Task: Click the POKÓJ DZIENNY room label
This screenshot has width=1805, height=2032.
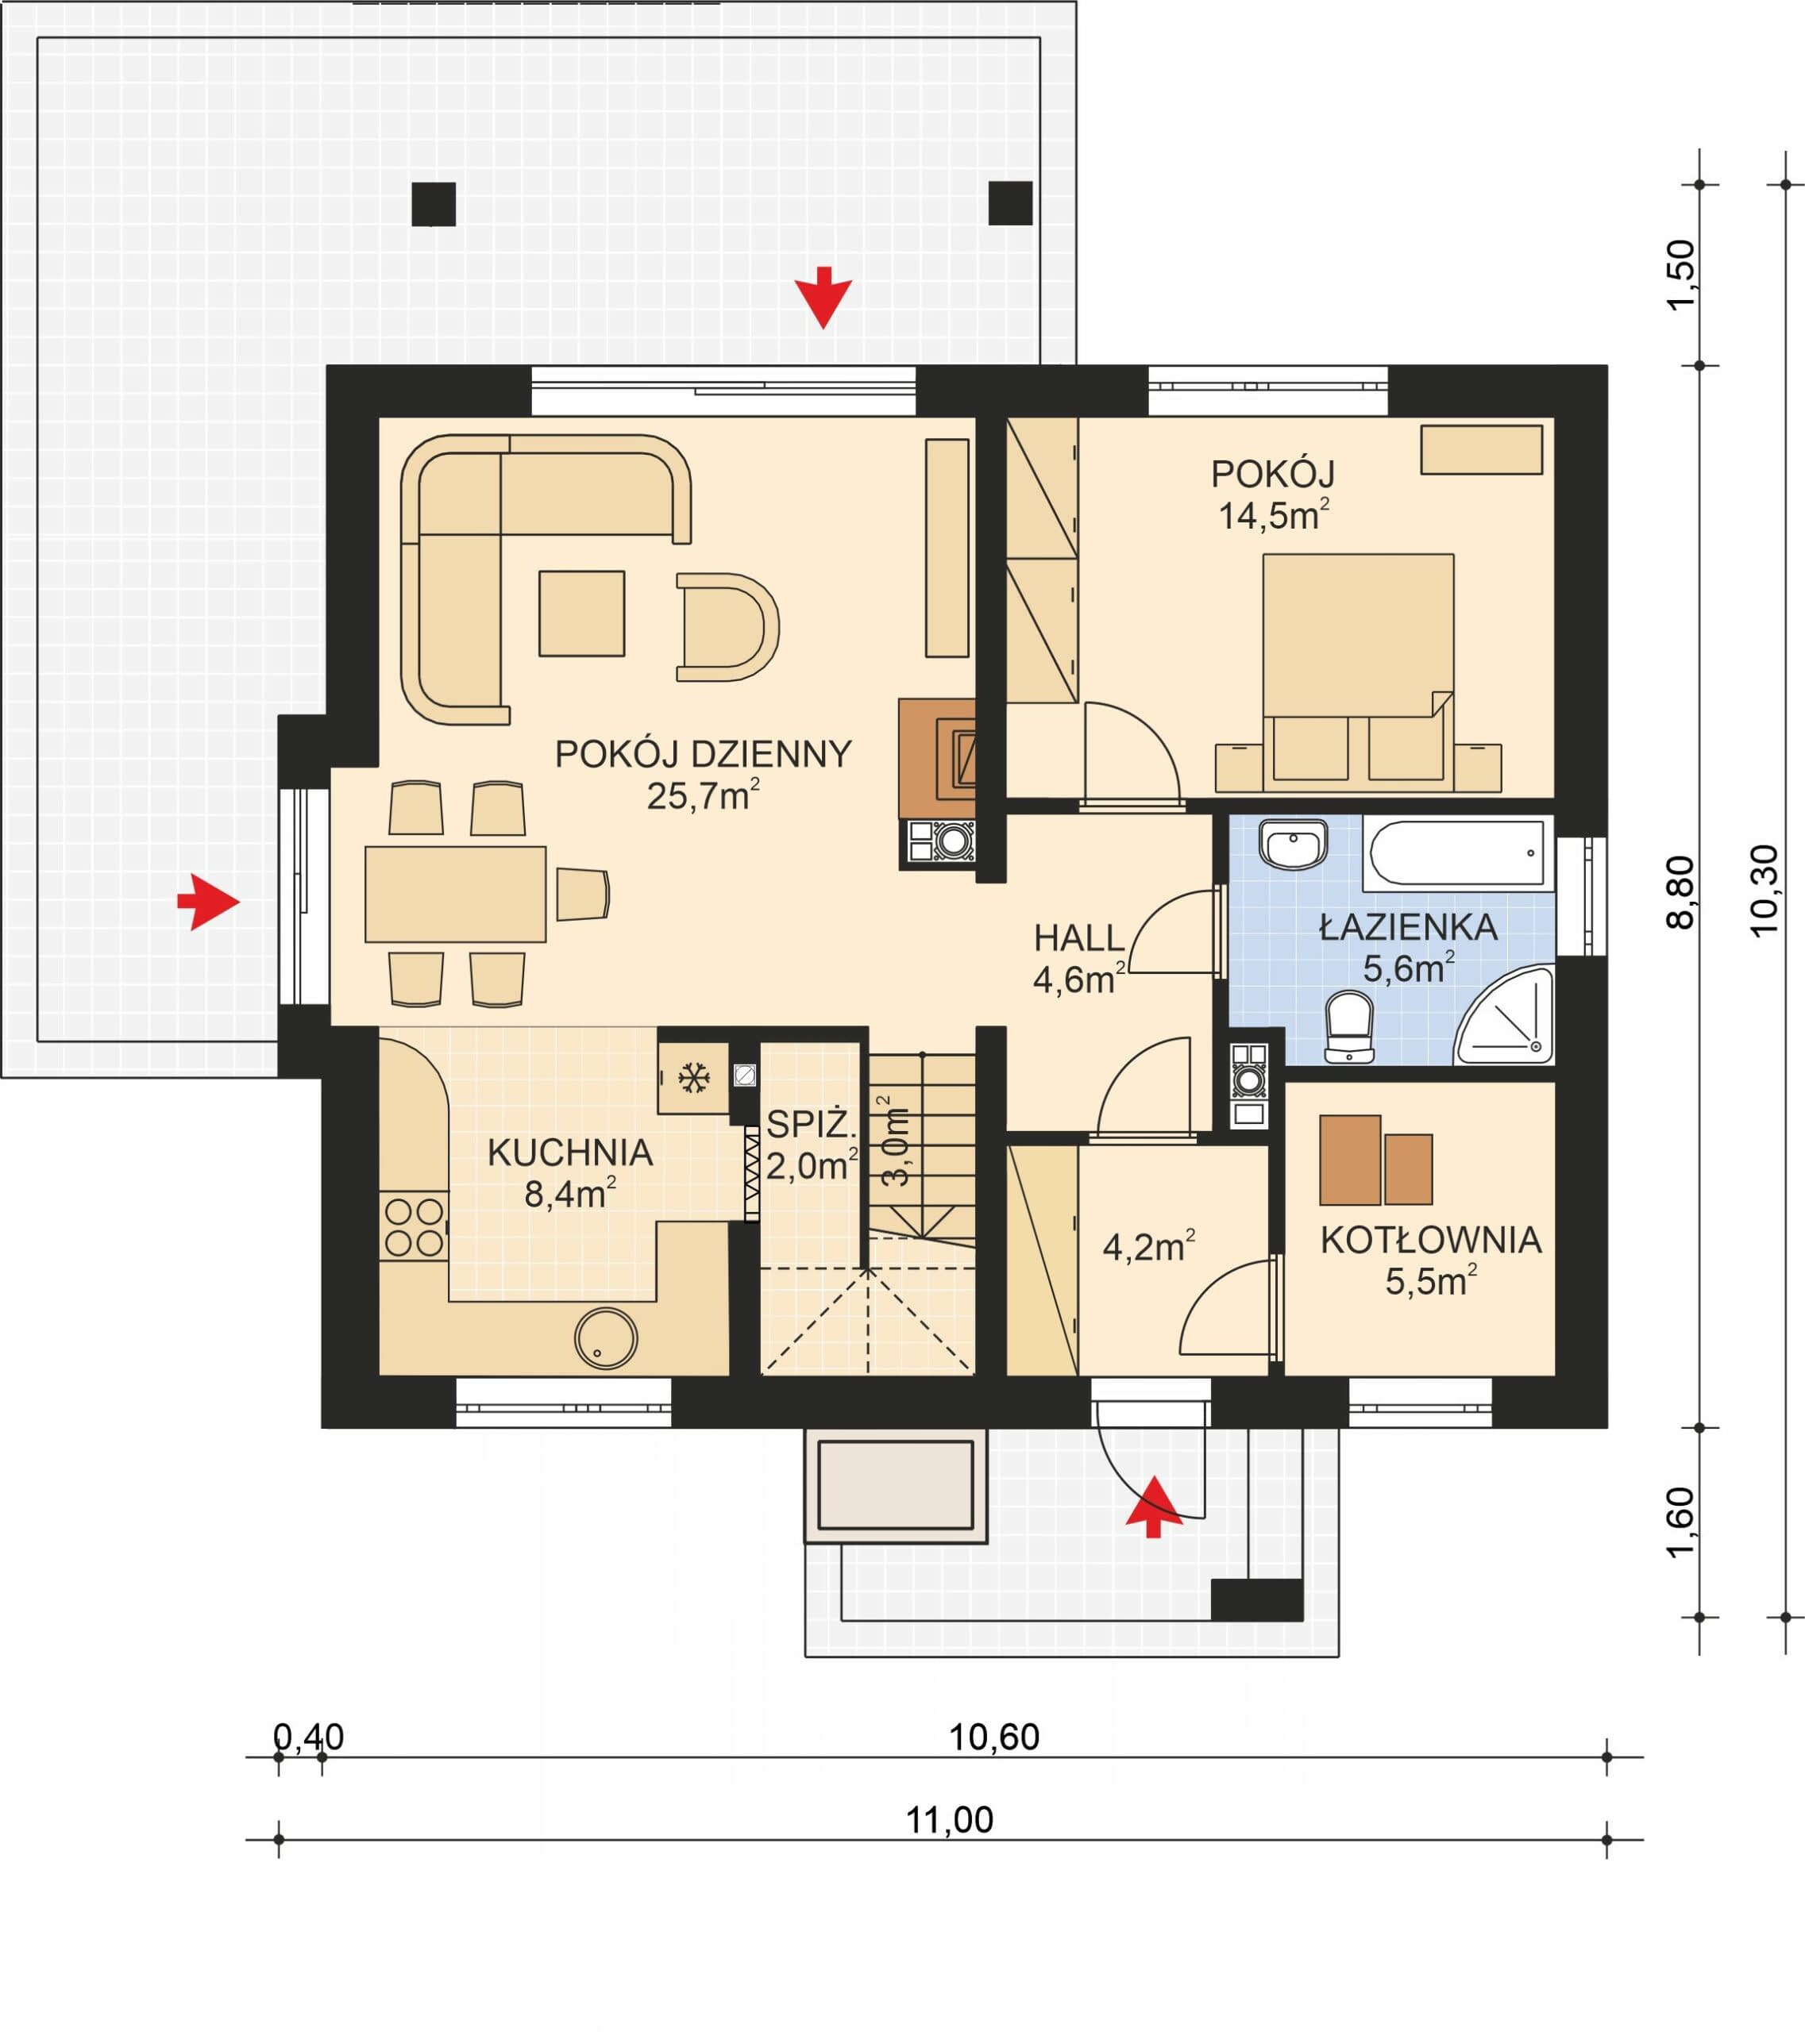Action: [703, 755]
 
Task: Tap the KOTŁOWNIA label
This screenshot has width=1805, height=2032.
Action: [1431, 1241]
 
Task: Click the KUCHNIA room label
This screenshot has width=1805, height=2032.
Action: [570, 1153]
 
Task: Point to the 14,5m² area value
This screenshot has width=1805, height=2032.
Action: [1274, 515]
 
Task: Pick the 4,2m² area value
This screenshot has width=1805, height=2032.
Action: [1148, 1245]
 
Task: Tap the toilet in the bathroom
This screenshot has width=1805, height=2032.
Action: [1349, 1027]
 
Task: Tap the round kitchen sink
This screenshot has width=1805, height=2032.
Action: [606, 1338]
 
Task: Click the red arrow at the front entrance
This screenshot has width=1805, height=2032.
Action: [1154, 1506]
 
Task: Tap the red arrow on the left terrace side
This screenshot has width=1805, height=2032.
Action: [209, 902]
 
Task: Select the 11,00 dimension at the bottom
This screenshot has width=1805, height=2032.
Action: [949, 1820]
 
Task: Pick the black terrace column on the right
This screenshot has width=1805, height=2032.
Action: [1010, 204]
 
